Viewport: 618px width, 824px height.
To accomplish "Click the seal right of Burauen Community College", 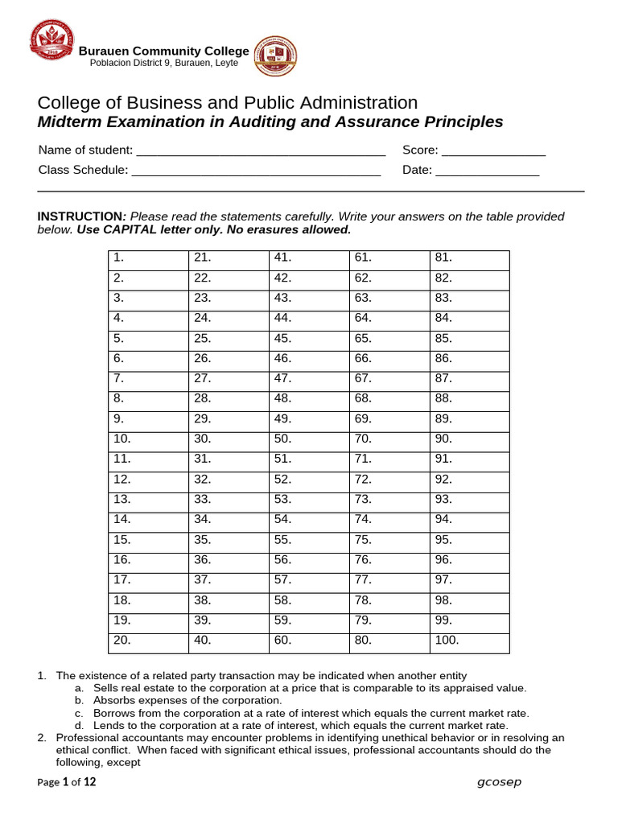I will pos(274,56).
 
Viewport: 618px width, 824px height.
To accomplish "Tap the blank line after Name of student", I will pos(261,150).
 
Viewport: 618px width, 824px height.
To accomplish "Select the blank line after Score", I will pos(493,150).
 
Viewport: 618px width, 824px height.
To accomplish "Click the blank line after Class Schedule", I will pos(255,171).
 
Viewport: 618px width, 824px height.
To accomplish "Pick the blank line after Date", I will pos(487,171).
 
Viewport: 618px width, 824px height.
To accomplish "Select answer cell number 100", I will pos(469,642).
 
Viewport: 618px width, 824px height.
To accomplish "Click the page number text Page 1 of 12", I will pos(66,783).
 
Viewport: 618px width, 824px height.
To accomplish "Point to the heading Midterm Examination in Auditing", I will pos(270,122).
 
